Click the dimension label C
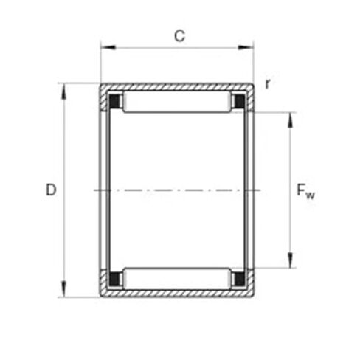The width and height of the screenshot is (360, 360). tap(178, 35)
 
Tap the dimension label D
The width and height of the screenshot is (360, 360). tap(50, 190)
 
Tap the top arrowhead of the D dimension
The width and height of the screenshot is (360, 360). tap(65, 89)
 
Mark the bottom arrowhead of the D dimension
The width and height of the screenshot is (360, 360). tap(65, 292)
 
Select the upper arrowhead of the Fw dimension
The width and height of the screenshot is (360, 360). tap(289, 117)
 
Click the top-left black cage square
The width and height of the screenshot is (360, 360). tap(115, 101)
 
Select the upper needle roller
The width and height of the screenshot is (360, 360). tap(177, 103)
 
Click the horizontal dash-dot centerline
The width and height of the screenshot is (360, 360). tap(177, 190)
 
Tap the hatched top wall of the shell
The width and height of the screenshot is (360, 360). tap(177, 87)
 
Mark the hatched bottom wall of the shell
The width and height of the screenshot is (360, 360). tap(177, 294)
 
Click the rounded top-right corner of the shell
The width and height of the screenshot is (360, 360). tap(252, 87)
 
